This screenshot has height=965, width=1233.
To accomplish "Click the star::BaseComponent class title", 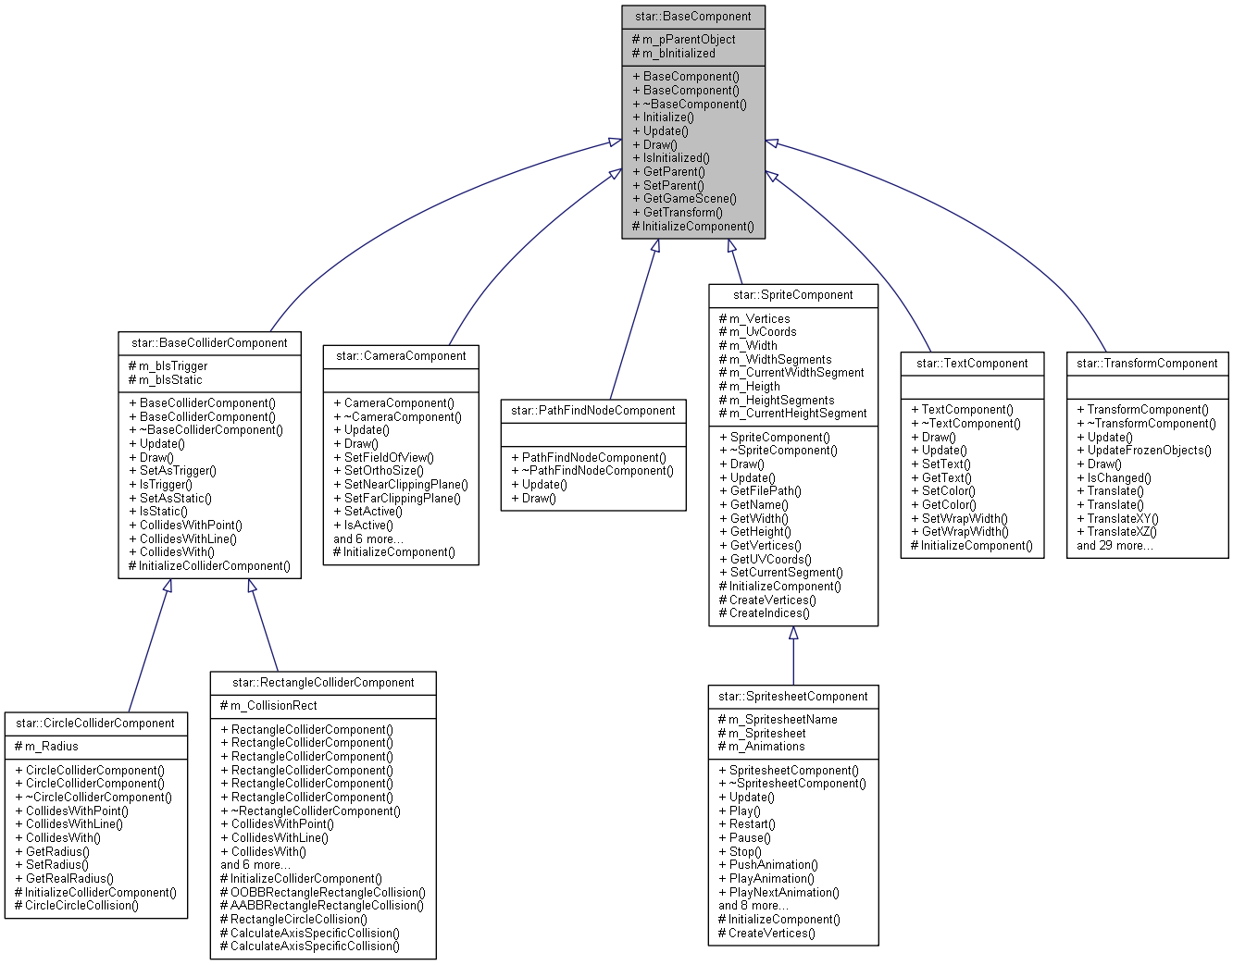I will tap(693, 17).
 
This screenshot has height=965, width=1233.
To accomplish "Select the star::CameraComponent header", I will tap(401, 356).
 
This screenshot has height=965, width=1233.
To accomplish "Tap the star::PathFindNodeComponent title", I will tap(593, 411).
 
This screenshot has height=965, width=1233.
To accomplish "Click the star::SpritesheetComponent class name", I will tap(793, 697).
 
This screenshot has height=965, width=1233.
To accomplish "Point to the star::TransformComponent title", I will tap(1147, 364).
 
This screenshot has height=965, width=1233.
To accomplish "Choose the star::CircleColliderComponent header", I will tap(95, 724).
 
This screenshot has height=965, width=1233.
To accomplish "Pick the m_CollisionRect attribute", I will tap(269, 706).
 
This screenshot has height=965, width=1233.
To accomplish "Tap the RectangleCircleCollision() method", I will tap(293, 920).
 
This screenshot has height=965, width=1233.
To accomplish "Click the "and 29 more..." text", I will tap(1115, 546).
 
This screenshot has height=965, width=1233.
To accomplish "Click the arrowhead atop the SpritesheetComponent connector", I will tap(793, 634).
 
